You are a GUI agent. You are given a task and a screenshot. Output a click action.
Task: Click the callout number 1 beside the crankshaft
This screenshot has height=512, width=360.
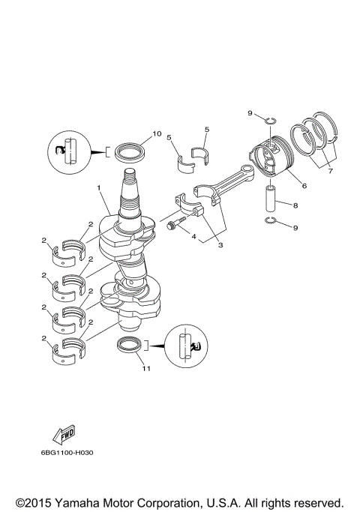[97, 187]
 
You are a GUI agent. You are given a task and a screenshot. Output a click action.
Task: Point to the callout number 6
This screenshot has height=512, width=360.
[304, 185]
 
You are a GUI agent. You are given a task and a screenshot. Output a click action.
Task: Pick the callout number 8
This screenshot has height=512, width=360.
[295, 204]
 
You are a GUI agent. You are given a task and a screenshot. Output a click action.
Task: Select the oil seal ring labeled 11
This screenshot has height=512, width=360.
[130, 346]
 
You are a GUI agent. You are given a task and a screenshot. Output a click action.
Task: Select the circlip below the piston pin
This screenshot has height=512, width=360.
[271, 220]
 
